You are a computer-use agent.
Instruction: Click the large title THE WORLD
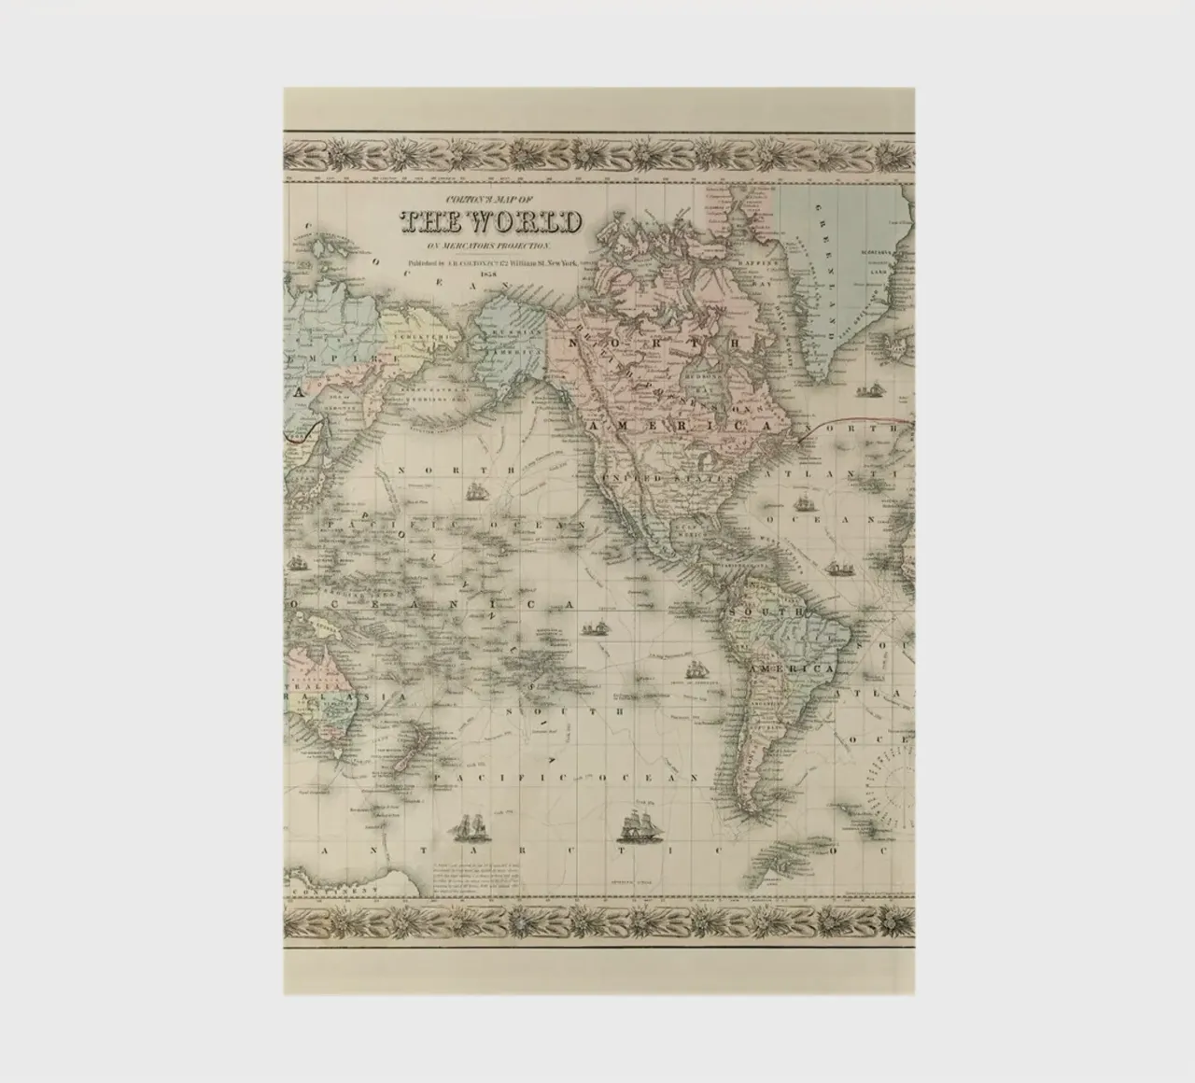pos(491,222)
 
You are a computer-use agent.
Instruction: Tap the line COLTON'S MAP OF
pos(491,200)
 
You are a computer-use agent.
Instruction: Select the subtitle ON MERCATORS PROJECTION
pos(491,245)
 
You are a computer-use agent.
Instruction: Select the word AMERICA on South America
pos(794,670)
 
